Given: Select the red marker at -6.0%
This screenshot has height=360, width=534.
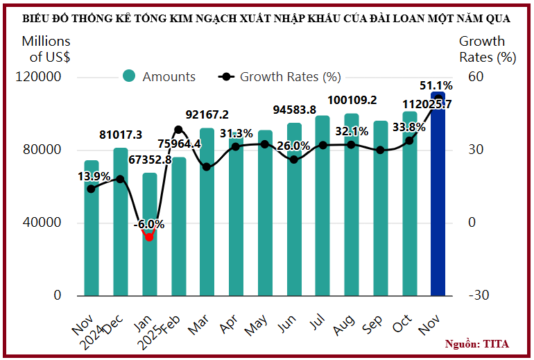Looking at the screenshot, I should (x=149, y=237).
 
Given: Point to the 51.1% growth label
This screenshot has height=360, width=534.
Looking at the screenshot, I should (x=436, y=87).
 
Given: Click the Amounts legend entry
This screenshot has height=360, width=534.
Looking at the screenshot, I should (x=160, y=77).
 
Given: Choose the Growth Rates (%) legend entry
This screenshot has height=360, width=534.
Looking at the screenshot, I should (x=280, y=77).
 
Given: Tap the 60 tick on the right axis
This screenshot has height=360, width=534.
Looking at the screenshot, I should (x=475, y=77).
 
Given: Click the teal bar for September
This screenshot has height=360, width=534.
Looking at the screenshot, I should (x=380, y=208).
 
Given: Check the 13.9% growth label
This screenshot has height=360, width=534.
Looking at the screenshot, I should (x=94, y=176).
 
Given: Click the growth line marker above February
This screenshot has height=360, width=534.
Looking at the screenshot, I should (x=178, y=130).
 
